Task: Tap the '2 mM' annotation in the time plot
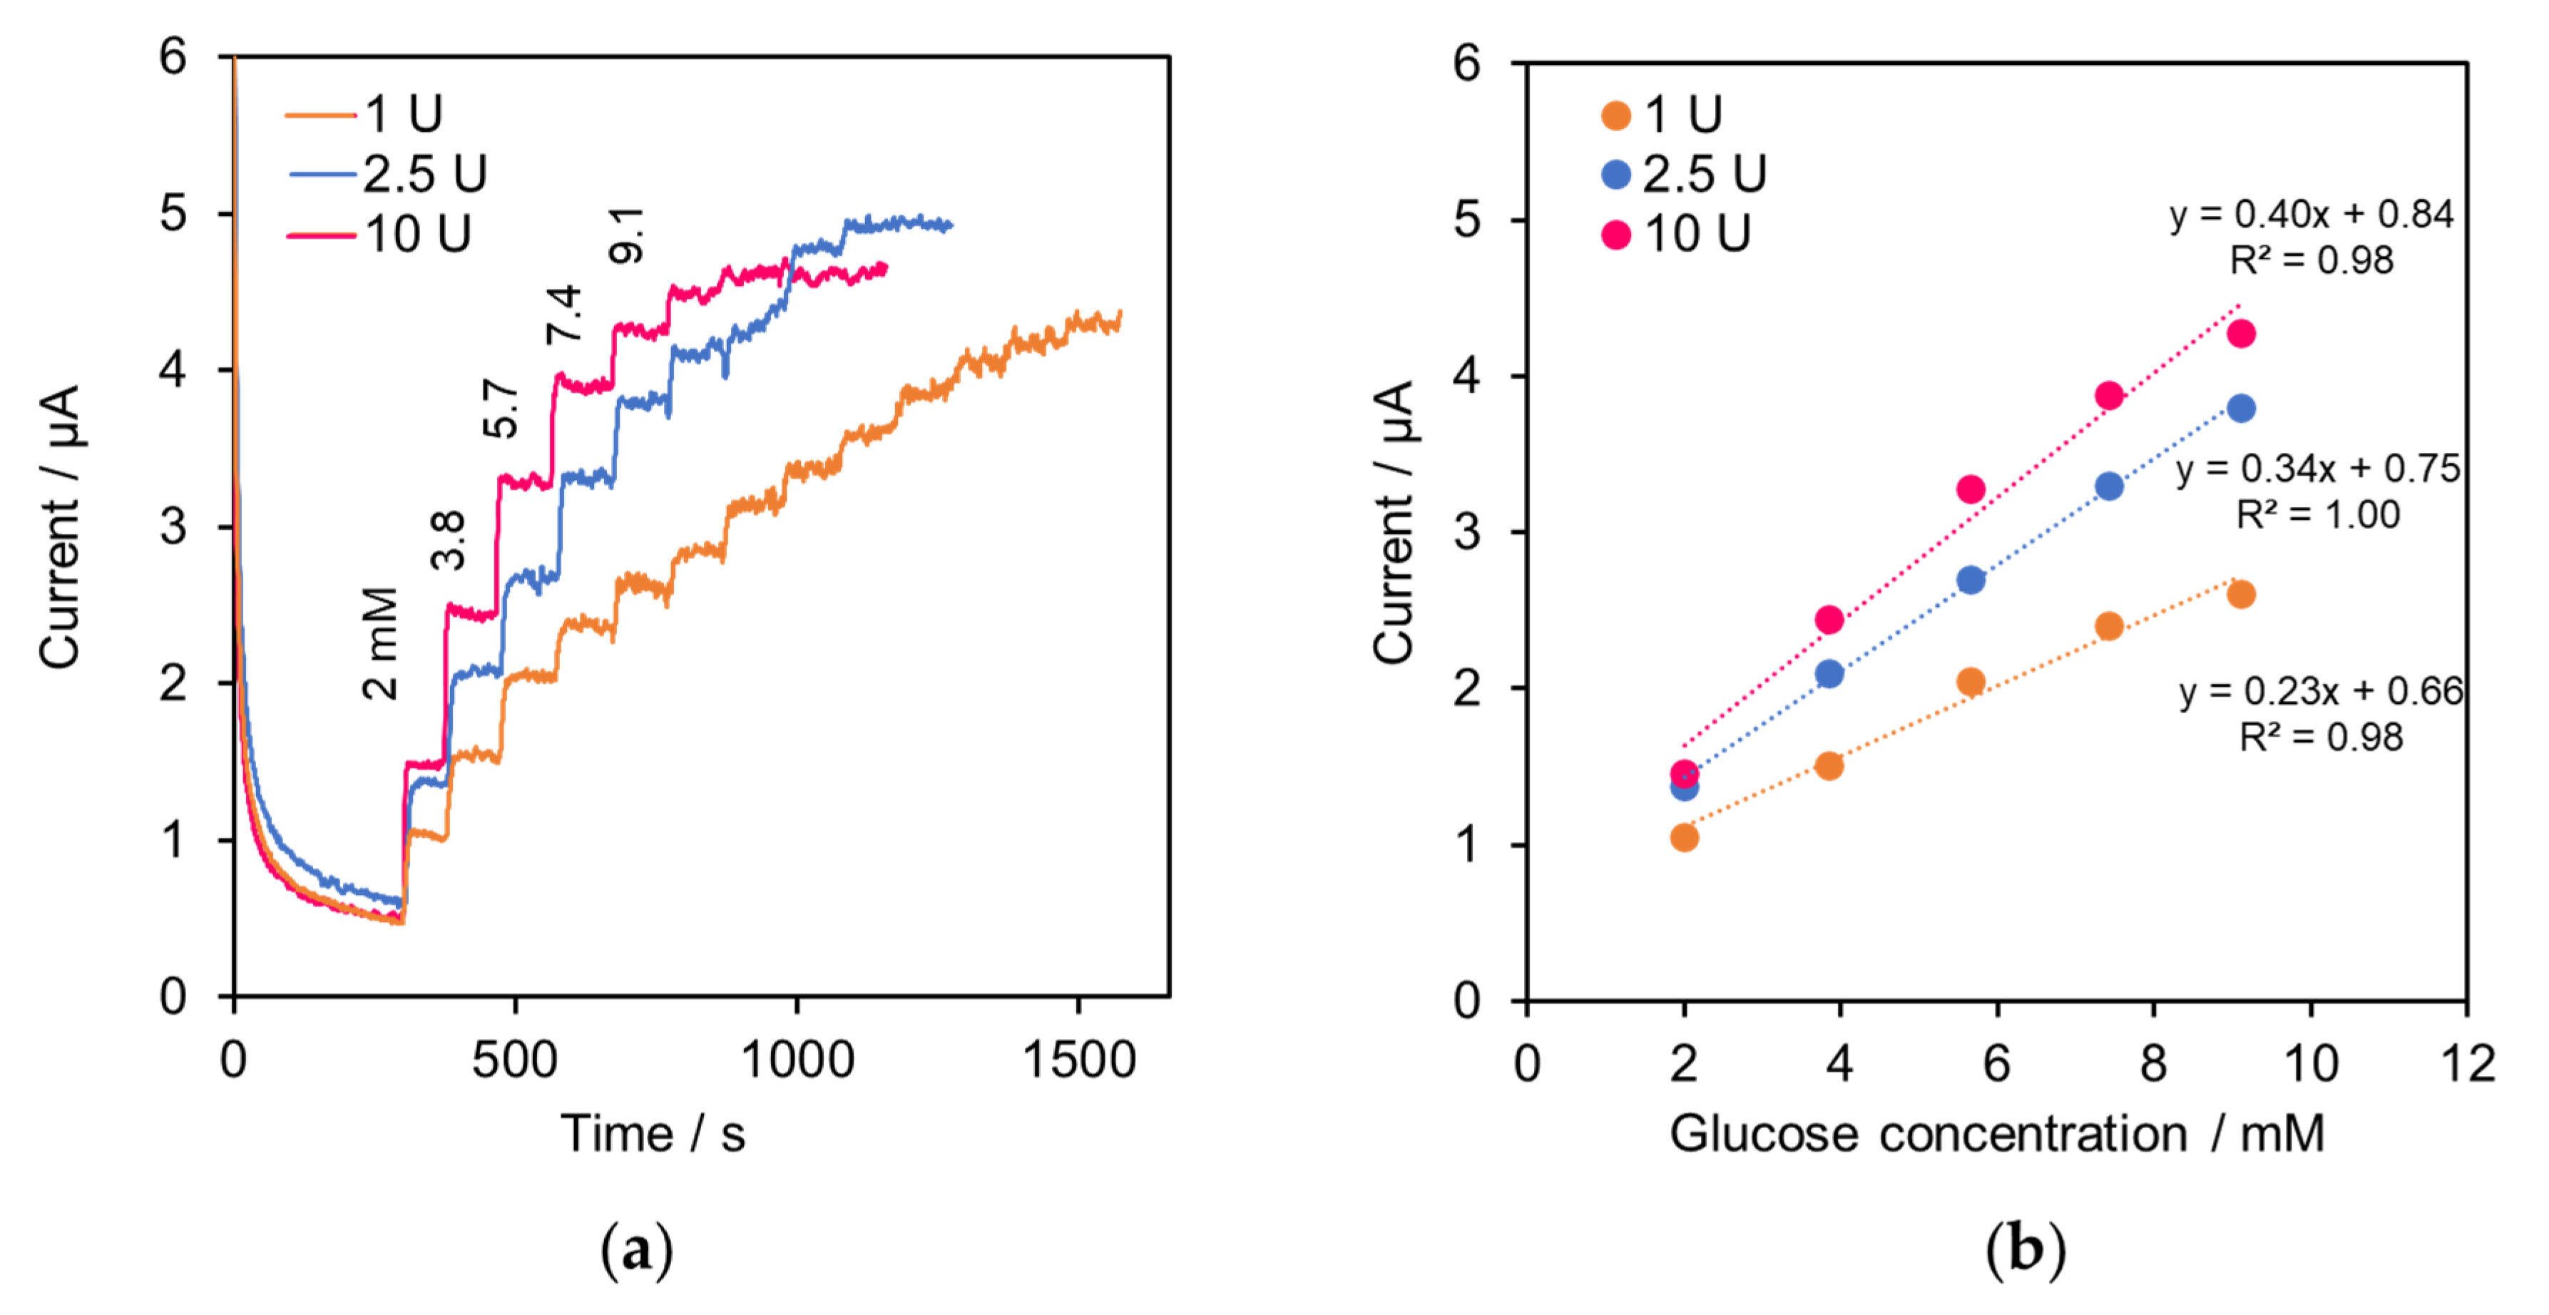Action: point(380,643)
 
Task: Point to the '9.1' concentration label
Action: point(625,235)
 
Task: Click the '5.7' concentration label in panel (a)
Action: point(501,408)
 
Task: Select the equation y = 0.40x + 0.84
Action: point(2311,214)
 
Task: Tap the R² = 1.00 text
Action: point(2317,515)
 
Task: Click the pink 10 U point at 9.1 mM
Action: point(2240,334)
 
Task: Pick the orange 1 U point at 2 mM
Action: point(1684,837)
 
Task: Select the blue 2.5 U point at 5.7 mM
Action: point(1970,580)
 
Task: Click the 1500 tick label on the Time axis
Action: point(1078,1060)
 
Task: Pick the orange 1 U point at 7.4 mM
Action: point(2109,625)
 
